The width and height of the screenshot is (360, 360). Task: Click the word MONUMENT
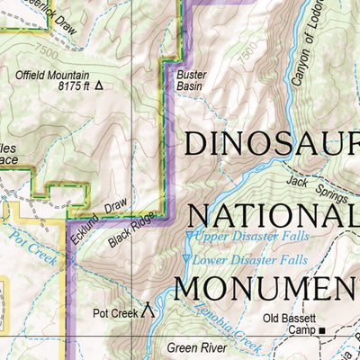[x=266, y=288]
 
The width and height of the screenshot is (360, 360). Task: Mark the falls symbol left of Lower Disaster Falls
[x=186, y=260]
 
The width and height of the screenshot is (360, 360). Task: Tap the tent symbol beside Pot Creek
[x=148, y=311]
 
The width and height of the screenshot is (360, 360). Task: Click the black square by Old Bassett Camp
[x=322, y=332]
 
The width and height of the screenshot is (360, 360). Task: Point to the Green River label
[x=193, y=346]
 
